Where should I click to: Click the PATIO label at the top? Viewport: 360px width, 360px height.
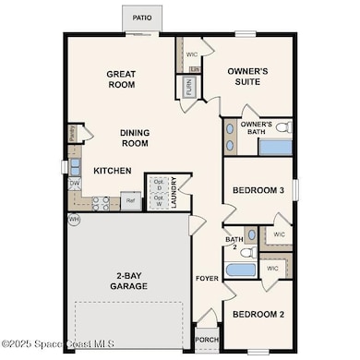click(x=141, y=17)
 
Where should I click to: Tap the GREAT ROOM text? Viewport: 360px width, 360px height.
click(x=121, y=79)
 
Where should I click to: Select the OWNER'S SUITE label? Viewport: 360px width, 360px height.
click(x=247, y=77)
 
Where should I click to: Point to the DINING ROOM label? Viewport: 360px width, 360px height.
click(x=135, y=138)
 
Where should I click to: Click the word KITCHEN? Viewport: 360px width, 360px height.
click(x=112, y=171)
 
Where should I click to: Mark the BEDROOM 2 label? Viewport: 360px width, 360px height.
click(x=258, y=314)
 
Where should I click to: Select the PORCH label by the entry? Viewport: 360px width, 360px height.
click(x=208, y=338)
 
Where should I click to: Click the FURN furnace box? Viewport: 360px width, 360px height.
click(x=187, y=88)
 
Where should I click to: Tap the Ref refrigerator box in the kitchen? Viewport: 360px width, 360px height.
click(x=131, y=199)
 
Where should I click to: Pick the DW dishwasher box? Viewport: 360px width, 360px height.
click(x=74, y=183)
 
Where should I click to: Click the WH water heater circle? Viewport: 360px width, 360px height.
click(x=74, y=220)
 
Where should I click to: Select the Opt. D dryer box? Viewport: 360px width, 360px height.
click(x=158, y=184)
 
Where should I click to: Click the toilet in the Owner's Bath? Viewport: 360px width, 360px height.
click(x=282, y=127)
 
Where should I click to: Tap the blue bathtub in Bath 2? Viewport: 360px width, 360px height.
click(x=242, y=270)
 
